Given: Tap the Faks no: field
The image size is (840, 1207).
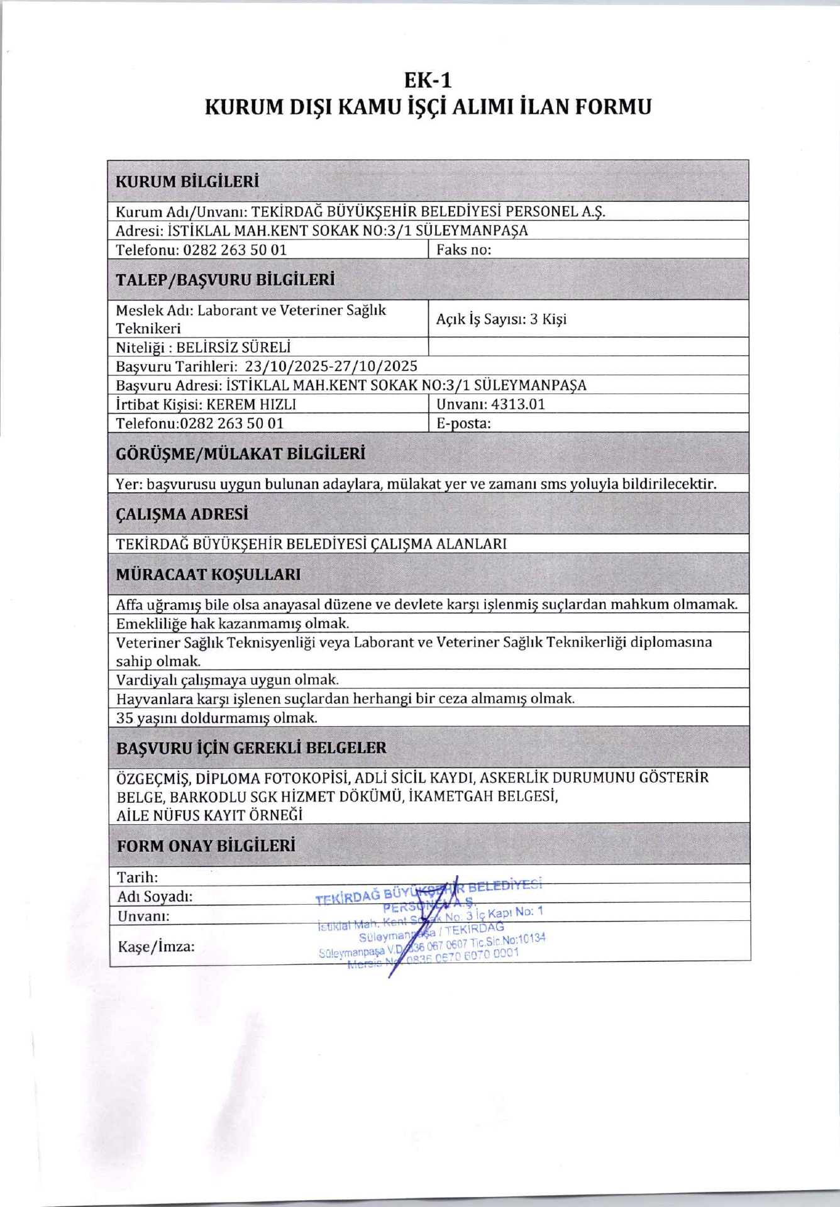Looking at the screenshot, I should (464, 250).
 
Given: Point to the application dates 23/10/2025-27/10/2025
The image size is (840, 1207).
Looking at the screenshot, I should (331, 366).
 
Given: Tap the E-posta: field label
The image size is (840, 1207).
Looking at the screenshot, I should (463, 423).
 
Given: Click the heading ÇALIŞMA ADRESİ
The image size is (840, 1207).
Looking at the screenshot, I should (182, 514).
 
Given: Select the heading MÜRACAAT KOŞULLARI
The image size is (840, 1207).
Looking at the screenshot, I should (209, 574).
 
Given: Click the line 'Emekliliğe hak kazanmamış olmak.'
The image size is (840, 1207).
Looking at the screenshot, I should (233, 624).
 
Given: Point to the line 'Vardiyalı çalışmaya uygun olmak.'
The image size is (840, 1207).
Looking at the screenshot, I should (228, 680).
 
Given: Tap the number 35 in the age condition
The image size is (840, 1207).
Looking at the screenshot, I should (124, 717).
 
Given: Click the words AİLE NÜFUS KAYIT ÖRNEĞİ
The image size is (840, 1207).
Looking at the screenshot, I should (210, 815).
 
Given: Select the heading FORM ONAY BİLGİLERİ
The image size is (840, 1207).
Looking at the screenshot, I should (206, 846).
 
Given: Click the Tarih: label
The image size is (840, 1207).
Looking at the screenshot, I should (138, 877).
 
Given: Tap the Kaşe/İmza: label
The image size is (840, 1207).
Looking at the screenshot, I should (156, 945).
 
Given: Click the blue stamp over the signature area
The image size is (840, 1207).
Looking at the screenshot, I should (431, 924).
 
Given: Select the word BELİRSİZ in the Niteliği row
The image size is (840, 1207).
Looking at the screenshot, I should (202, 347).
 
